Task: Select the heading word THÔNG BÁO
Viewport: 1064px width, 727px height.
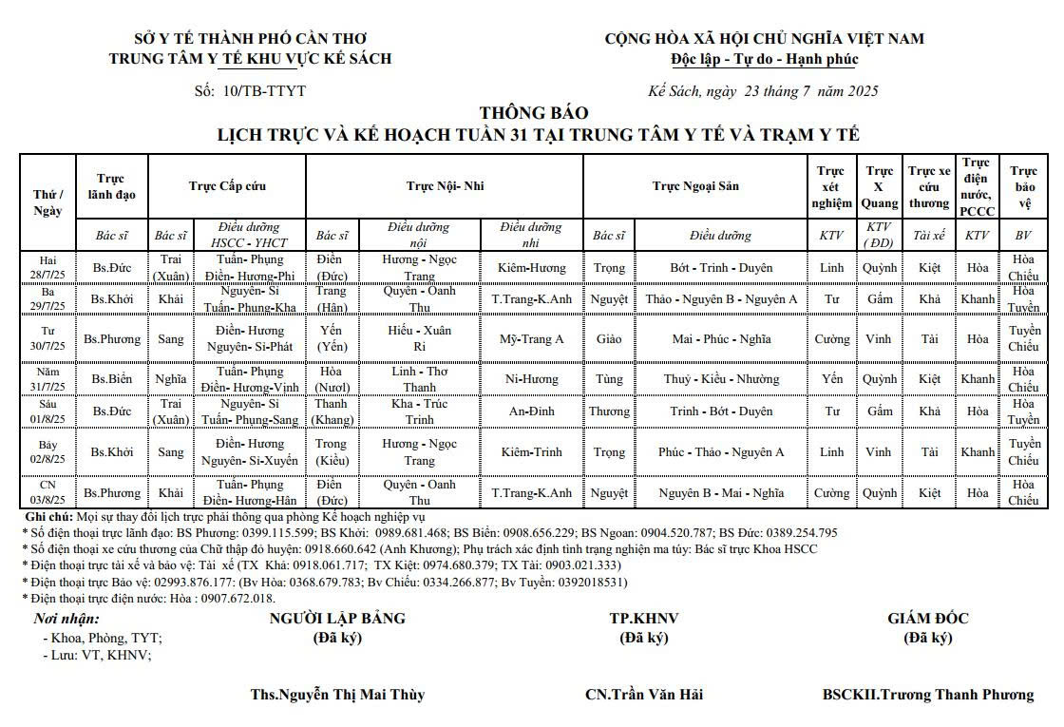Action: [534, 113]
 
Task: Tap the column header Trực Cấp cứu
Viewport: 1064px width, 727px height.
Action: [227, 186]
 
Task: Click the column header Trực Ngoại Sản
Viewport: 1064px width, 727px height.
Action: [695, 186]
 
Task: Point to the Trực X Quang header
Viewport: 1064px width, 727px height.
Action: [879, 186]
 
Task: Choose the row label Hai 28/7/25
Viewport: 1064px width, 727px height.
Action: [47, 267]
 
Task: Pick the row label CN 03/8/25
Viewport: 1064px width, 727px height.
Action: [47, 492]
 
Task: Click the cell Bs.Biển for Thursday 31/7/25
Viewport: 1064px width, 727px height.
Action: [112, 379]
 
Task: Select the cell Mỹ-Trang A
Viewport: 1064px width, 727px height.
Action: [531, 339]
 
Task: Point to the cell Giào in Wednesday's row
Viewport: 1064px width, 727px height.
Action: [608, 339]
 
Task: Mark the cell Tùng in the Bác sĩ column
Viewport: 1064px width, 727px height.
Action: [608, 379]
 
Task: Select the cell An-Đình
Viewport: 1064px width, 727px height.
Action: [531, 411]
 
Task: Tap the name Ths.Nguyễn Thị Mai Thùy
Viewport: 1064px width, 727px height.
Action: [337, 695]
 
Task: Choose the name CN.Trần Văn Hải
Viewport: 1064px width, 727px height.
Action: [644, 695]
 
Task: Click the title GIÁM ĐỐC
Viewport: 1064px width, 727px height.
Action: [927, 619]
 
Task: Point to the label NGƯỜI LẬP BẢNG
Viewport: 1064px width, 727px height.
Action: [337, 619]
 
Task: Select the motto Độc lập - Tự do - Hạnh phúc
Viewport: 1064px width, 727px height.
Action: [764, 59]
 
